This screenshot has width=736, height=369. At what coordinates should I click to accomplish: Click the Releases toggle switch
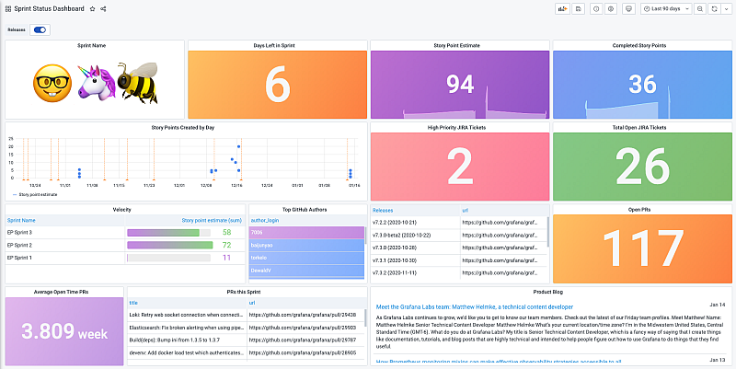pos(40,29)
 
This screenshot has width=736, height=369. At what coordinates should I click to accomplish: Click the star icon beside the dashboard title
pos(91,8)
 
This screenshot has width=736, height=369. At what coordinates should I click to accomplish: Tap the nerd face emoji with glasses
pos(52,84)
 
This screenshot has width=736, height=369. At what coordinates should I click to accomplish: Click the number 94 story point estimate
pos(459,85)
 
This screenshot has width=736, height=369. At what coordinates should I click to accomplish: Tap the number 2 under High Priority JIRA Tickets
pos(459,167)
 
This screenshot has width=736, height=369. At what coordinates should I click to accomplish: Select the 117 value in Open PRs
pos(640,248)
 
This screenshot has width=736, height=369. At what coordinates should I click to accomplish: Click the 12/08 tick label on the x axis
pos(207,185)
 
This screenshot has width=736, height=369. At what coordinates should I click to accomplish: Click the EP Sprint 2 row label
pos(20,245)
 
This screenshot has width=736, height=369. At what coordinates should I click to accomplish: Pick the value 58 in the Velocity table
pos(227,233)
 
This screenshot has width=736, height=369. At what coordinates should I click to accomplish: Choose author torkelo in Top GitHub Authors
pos(259,259)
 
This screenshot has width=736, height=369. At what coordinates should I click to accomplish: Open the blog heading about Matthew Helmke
pos(474,306)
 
